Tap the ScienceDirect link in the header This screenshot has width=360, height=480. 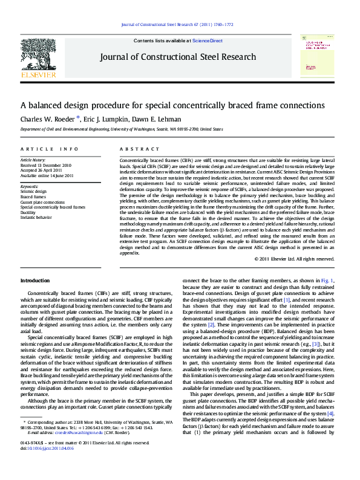click(208, 41)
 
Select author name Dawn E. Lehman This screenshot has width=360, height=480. click(162, 119)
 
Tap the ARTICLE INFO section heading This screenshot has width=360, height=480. click(49, 149)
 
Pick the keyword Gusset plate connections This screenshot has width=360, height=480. click(42, 202)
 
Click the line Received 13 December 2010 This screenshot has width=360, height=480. click(46, 164)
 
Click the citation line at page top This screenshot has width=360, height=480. click(177, 25)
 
